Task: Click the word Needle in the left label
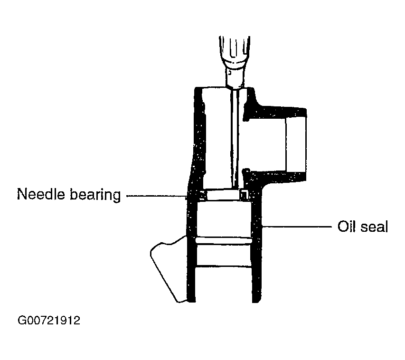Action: [x=40, y=194]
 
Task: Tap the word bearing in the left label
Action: [x=95, y=195]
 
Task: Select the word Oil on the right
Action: [x=346, y=226]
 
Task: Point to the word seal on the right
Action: [x=374, y=227]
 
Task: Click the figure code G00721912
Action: [x=49, y=321]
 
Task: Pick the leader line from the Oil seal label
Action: [x=297, y=227]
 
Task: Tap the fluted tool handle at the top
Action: [x=235, y=48]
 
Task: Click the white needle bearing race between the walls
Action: [x=223, y=195]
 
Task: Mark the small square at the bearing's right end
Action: [x=245, y=195]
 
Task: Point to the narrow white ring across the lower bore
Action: [x=224, y=241]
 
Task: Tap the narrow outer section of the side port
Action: [x=296, y=144]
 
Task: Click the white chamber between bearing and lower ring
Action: [x=224, y=219]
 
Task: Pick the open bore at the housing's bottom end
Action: [x=224, y=284]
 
